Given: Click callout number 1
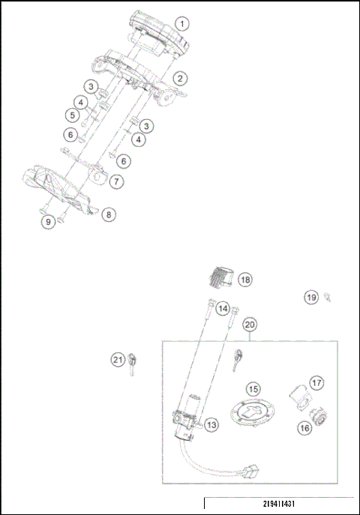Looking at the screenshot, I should point(182,23).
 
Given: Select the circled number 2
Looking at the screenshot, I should point(179,77).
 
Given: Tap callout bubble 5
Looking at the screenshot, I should point(72,115).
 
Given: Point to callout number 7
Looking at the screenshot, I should point(117,181).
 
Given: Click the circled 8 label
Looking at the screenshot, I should point(109,214).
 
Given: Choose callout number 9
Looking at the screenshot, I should point(48,221).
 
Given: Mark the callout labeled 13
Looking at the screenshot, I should point(211,425).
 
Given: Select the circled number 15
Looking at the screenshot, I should point(253,389).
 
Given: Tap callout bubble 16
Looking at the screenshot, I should point(304,428).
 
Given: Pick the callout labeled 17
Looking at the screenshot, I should point(316,382).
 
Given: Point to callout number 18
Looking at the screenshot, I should point(245,280).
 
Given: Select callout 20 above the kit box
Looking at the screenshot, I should point(250,325).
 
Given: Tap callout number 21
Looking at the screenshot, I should point(117,361).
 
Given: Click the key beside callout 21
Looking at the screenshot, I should point(133,361).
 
